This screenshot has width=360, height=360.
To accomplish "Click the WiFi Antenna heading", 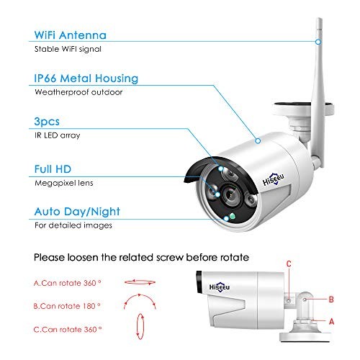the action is [x=71, y=35].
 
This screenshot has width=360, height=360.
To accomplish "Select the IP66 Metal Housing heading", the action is [x=86, y=78].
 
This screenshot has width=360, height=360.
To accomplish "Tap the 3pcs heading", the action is [x=47, y=122].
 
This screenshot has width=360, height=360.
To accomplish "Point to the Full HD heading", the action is [x=53, y=169].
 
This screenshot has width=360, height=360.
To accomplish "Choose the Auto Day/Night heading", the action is [x=77, y=212].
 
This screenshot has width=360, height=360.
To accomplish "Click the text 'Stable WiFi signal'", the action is [x=68, y=49].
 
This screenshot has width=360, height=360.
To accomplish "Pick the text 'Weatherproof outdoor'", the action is [x=78, y=92].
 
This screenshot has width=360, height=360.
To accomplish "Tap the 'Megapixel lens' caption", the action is [x=64, y=183].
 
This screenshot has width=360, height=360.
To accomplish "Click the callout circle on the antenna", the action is [x=318, y=42].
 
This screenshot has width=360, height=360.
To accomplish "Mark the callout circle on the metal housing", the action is [x=258, y=141].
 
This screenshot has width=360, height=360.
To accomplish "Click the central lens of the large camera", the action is [x=230, y=194].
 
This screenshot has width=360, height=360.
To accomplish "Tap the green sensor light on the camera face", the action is [x=232, y=216].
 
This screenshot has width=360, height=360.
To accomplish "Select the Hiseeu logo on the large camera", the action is [x=274, y=179].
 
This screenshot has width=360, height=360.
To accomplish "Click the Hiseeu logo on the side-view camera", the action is [x=220, y=287].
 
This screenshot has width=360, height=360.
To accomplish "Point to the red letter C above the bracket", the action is [x=289, y=264].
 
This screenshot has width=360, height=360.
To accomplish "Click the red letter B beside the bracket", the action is [x=331, y=300].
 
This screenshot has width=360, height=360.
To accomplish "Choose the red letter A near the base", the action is [x=331, y=321].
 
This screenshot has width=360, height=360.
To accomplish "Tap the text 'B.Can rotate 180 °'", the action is [x=67, y=306].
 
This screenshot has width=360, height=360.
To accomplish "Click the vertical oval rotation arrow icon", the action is [x=140, y=326].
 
